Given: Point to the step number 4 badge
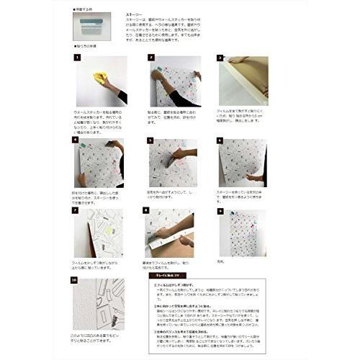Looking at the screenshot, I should (77, 140).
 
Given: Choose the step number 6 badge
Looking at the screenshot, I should (220, 140).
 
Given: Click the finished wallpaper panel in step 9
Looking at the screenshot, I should (243, 232).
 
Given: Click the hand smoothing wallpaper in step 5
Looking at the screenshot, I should (179, 156).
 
